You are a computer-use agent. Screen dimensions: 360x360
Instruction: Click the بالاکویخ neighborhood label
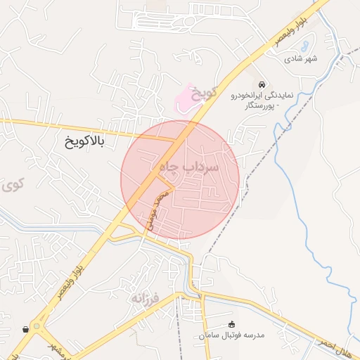coord(83,143)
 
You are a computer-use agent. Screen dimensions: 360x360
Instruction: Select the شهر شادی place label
coord(302,59)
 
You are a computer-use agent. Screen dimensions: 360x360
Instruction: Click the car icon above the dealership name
coord(262,84)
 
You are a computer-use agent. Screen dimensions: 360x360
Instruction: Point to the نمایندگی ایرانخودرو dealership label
coord(262,96)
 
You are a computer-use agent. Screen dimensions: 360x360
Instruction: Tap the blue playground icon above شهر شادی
coord(303,47)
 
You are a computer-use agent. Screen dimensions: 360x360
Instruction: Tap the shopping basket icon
coord(26,328)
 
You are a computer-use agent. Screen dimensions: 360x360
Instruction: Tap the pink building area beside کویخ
coord(184,99)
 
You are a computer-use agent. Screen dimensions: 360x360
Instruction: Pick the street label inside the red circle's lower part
coord(158,210)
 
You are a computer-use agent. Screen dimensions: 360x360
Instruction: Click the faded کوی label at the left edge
coord(10,186)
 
